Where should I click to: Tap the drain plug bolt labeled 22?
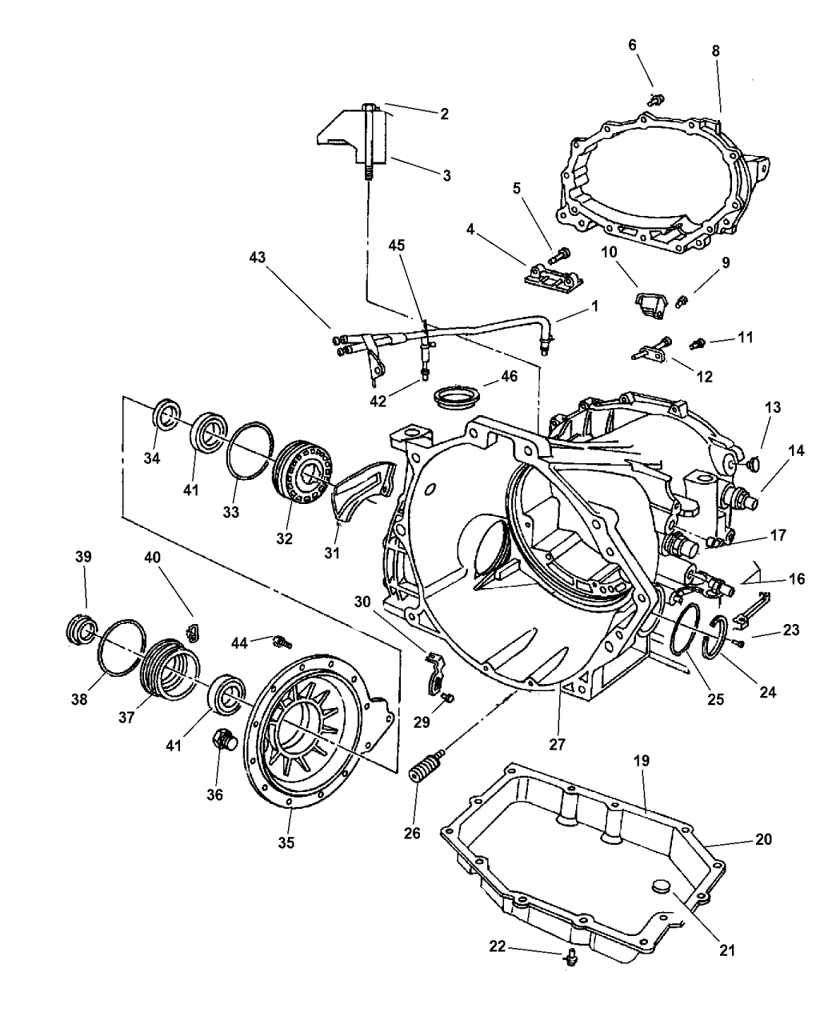(x=570, y=954)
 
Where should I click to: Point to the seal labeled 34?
(x=167, y=417)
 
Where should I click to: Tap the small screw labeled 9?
(x=682, y=302)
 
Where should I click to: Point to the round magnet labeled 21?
(x=660, y=886)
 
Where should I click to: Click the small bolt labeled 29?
(x=449, y=698)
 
